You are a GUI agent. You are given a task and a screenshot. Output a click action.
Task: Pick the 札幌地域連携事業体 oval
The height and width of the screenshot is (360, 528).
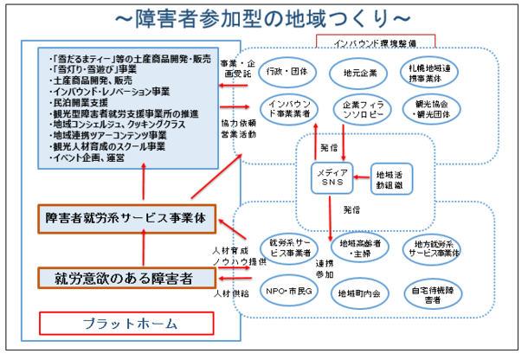coord(431,72)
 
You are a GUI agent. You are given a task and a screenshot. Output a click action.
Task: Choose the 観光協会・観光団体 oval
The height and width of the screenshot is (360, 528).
coord(431,108)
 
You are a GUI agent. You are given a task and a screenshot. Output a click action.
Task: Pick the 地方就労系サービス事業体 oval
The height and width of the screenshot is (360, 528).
coord(430,249)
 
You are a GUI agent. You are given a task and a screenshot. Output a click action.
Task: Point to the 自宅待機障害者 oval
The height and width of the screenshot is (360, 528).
coord(430,291)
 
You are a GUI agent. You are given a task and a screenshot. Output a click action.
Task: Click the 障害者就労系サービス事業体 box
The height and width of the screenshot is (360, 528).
coord(126,218)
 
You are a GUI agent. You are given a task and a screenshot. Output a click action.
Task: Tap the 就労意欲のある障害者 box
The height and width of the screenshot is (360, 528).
coord(126,278)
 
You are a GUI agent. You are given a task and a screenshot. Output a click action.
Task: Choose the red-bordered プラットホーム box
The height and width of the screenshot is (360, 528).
coord(126,324)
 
